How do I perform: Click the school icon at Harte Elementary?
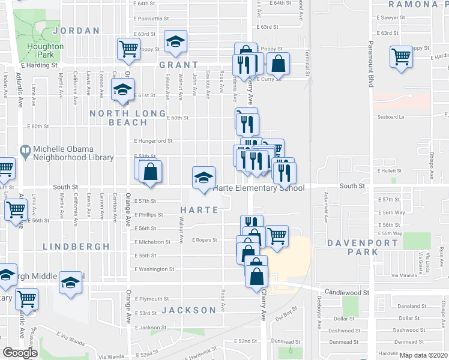(x=203, y=177)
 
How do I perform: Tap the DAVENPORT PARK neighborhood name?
(x=363, y=247)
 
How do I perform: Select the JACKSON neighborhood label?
(x=188, y=310)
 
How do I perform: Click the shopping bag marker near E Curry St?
(x=279, y=63)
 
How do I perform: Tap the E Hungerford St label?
(x=154, y=141)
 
